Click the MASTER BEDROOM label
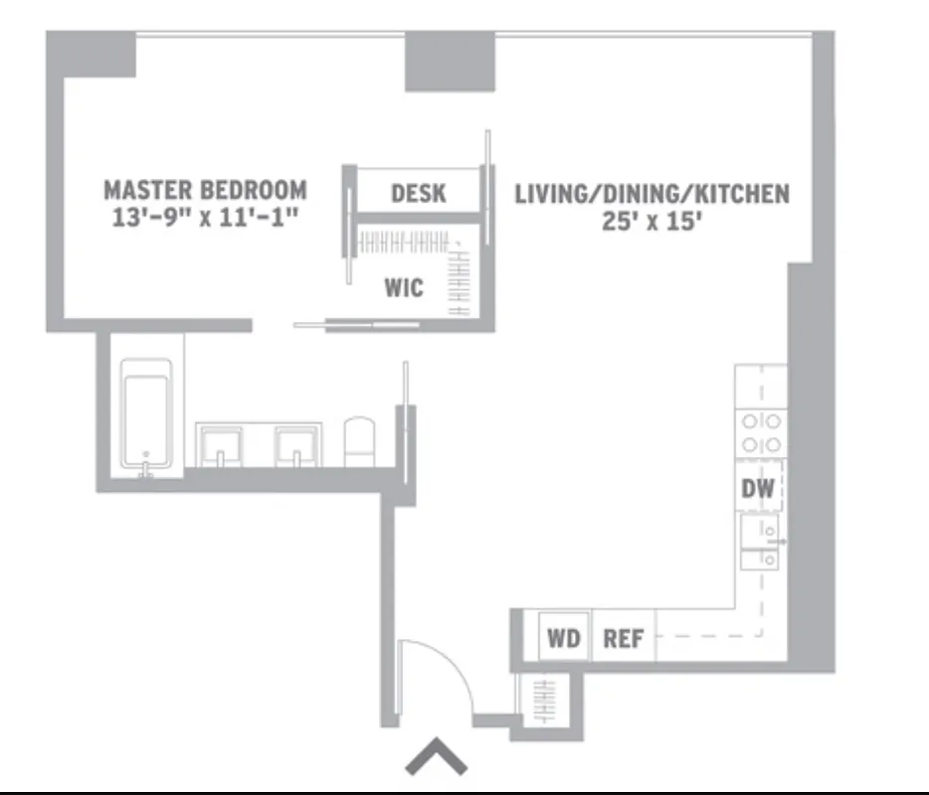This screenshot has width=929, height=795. pyautogui.click(x=205, y=189)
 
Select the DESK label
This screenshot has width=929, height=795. pyautogui.click(x=419, y=193)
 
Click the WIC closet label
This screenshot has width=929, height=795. pyautogui.click(x=404, y=288)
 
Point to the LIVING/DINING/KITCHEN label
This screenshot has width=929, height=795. pyautogui.click(x=651, y=193)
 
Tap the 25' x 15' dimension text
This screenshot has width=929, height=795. pyautogui.click(x=651, y=221)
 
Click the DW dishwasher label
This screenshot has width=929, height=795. pyautogui.click(x=758, y=489)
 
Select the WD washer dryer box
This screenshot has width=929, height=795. pyautogui.click(x=564, y=638)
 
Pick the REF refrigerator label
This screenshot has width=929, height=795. pyautogui.click(x=624, y=638)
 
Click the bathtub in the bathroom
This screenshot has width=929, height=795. pyautogui.click(x=146, y=417)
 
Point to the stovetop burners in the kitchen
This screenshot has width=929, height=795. pyautogui.click(x=761, y=433)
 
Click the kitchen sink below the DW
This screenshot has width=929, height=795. pyautogui.click(x=761, y=544)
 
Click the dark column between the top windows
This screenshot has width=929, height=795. pyautogui.click(x=449, y=61)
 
